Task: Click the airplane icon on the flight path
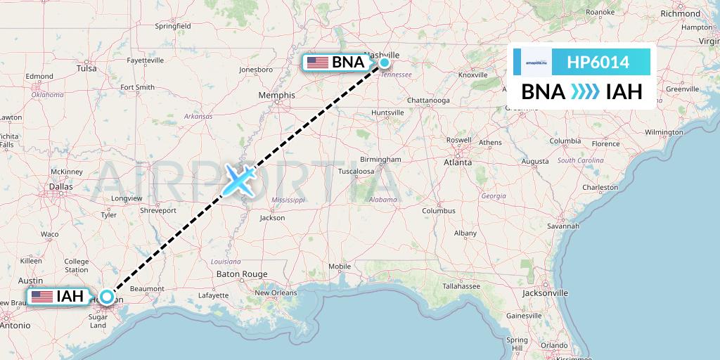239,180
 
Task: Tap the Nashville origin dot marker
385,63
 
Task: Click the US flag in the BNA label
318,63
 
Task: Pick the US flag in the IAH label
42,296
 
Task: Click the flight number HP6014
600,63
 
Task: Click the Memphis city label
276,95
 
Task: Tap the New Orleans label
272,292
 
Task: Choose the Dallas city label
61,186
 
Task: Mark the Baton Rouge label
242,274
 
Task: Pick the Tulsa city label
86,69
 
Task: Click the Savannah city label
565,226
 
